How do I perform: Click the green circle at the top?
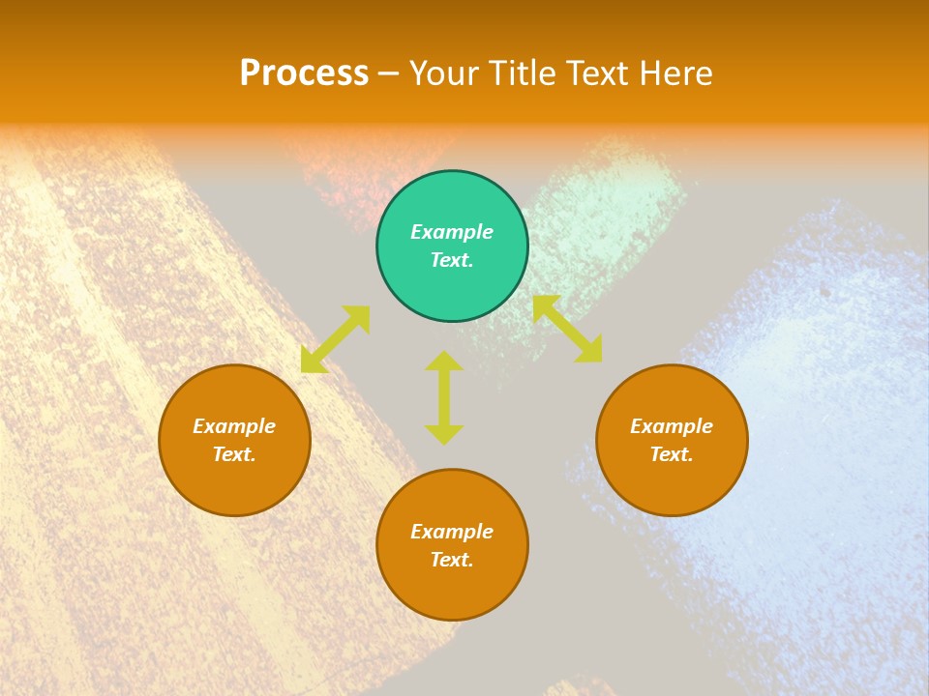coord(452,246)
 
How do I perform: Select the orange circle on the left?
coord(234,440)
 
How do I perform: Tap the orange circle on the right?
coord(672,440)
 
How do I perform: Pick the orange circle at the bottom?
coord(452,545)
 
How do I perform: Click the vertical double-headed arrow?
coord(444,397)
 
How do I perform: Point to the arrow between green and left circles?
coord(336,338)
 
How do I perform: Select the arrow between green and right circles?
coord(567,329)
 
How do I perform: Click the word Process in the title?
coord(304,73)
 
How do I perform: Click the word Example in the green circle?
coord(452,232)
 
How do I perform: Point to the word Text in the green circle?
coord(450,260)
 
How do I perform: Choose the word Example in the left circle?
coord(234,426)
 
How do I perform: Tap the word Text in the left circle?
coord(232,454)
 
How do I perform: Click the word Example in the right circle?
coord(672,426)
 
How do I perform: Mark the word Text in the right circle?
coord(670,454)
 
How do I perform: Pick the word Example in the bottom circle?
coord(452,532)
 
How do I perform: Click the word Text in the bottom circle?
coord(450,560)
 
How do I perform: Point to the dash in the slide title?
coord(389,74)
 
